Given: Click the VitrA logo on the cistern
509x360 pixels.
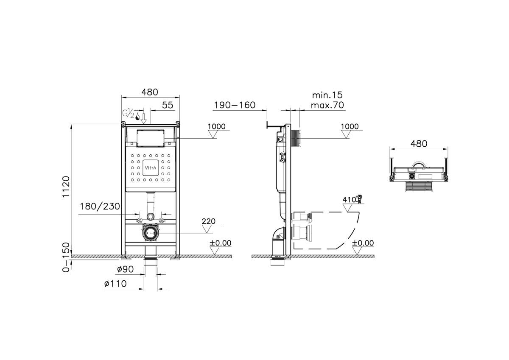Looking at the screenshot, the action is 151,168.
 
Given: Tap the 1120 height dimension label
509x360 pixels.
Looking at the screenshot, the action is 66,187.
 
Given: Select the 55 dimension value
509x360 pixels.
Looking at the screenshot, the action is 168,105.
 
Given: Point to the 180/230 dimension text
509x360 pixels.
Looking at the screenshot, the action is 100,207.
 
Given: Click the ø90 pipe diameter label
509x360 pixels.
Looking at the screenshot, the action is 125,269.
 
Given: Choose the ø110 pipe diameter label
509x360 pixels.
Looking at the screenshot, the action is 115,284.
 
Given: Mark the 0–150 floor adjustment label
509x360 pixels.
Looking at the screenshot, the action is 66,257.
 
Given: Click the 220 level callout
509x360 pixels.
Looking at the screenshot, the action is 209,221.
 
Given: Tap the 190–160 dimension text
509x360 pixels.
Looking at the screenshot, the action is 235,105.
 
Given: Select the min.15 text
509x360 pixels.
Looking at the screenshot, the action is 327,95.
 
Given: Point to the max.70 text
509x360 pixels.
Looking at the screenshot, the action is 327,105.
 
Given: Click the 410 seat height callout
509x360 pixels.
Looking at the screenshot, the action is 352,199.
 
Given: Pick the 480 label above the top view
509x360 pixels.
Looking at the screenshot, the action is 419,144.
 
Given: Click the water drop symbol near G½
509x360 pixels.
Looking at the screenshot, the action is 138,117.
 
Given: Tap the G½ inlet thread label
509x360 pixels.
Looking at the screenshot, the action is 129,113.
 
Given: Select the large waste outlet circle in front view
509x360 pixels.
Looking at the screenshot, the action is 150,233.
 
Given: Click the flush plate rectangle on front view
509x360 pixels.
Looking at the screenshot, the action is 151,138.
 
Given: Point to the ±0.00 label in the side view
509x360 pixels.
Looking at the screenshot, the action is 363,243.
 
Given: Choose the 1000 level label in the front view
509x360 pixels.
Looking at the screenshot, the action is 217,126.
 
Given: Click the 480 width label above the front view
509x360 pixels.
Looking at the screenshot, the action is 149,92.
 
